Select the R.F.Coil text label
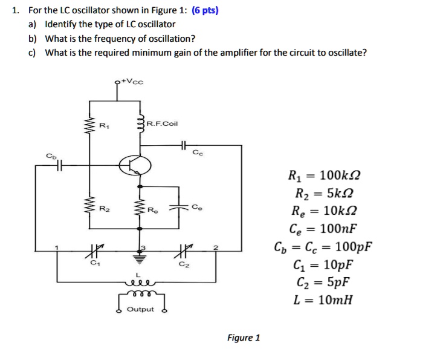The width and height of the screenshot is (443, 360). tap(162, 124)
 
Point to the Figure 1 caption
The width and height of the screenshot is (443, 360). tap(244, 338)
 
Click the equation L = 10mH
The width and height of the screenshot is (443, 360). tap(322, 300)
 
